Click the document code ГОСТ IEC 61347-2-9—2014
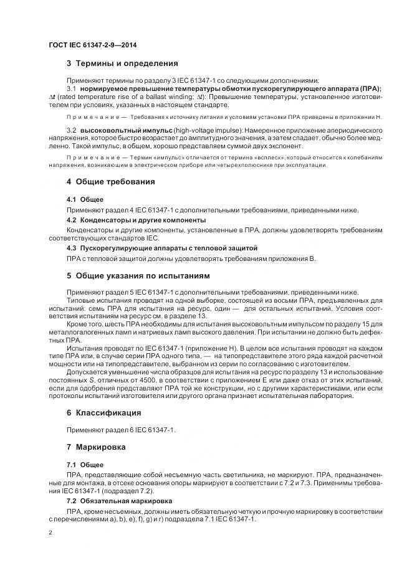(93, 45)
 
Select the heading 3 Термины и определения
(122, 64)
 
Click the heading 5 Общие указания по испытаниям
(138, 275)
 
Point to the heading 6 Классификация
(103, 413)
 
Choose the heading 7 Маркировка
(96, 447)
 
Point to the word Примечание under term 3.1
(87, 117)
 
